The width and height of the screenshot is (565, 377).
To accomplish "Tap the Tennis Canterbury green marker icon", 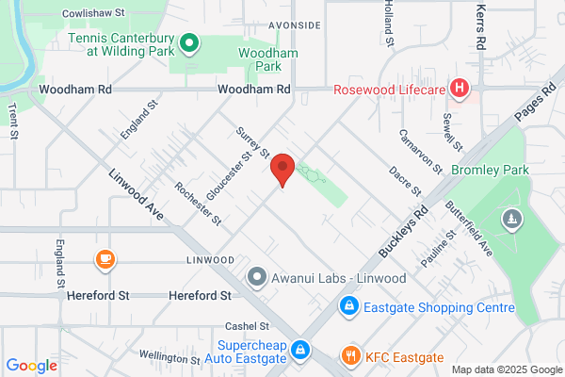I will point(187,41).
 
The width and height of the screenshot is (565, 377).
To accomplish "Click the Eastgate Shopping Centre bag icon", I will point(348,307).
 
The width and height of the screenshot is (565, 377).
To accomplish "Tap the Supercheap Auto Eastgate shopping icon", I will point(299,350).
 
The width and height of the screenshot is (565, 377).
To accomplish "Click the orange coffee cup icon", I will point(105,258).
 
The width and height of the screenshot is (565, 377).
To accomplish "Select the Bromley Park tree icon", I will point(512,219).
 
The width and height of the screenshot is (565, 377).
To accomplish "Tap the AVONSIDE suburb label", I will point(294,25).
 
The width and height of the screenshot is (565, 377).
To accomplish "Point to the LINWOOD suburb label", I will point(210,259).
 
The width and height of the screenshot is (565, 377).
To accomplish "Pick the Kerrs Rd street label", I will point(481,26).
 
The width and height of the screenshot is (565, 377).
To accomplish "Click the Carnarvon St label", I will point(420,151).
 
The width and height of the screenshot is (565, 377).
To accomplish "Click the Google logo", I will point(31,366).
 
